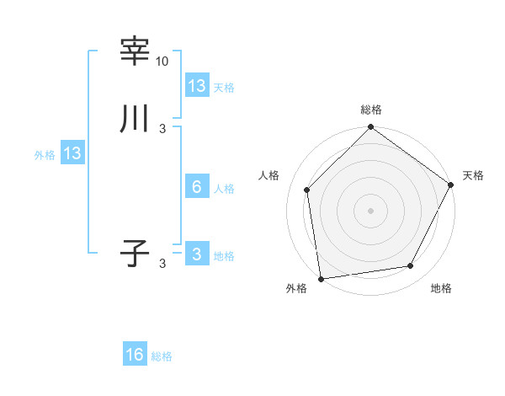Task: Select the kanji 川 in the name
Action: pyautogui.click(x=135, y=119)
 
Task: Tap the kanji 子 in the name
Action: pyautogui.click(x=135, y=254)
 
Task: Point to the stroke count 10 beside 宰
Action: pyautogui.click(x=162, y=62)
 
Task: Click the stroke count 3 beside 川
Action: pyautogui.click(x=162, y=128)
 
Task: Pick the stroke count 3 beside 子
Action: pyautogui.click(x=162, y=263)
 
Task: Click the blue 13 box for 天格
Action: pyautogui.click(x=197, y=86)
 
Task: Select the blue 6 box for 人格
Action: pyautogui.click(x=197, y=187)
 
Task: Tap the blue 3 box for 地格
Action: pyautogui.click(x=197, y=254)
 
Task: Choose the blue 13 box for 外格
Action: pyautogui.click(x=72, y=153)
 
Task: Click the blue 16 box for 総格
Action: pyautogui.click(x=135, y=355)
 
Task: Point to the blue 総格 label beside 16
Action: pyautogui.click(x=162, y=356)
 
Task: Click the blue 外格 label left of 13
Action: pyautogui.click(x=44, y=155)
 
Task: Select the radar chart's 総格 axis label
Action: pyautogui.click(x=371, y=110)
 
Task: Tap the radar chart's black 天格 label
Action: pyautogui.click(x=474, y=175)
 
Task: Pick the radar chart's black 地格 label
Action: pyautogui.click(x=441, y=289)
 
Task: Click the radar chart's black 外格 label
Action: pyautogui.click(x=296, y=289)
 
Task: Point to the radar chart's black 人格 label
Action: pyautogui.click(x=269, y=175)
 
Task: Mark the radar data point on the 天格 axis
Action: pyautogui.click(x=450, y=185)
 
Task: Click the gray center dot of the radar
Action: pyautogui.click(x=371, y=211)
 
